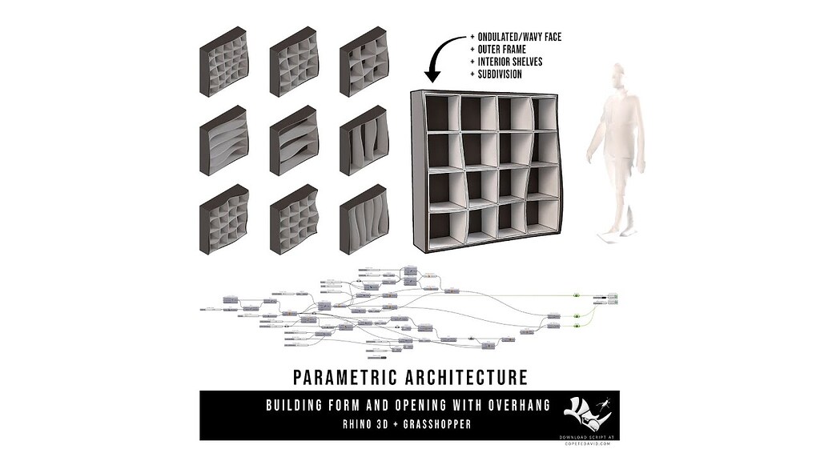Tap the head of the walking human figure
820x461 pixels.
[x=616, y=75]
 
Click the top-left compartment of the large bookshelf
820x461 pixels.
[x=444, y=114]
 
